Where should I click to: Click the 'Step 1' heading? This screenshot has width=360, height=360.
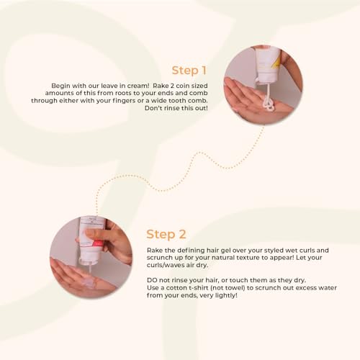click(189, 71)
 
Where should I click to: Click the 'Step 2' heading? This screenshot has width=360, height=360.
click(166, 234)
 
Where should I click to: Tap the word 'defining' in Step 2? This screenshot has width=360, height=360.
click(189, 249)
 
